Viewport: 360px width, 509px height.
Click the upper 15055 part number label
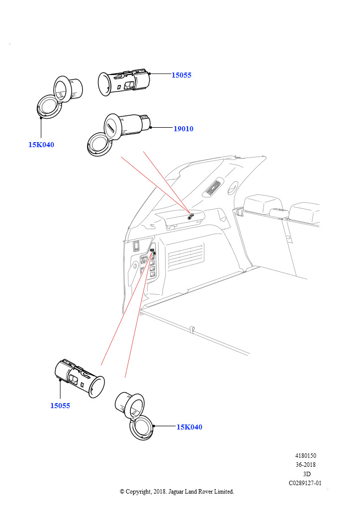181,75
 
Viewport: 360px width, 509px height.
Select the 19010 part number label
183,129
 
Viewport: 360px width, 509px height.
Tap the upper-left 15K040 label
41,145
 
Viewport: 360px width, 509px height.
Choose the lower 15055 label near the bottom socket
60,406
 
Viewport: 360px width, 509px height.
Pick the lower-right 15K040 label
189,427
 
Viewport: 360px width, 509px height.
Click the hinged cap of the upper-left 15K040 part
49,106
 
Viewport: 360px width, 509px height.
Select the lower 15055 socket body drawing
80,378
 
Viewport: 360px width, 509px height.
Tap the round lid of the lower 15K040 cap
141,427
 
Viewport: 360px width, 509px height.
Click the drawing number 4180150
305,455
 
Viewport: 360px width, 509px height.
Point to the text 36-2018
305,465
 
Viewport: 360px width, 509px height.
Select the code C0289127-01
305,483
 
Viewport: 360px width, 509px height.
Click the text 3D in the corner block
306,474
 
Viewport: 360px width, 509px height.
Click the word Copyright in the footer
138,492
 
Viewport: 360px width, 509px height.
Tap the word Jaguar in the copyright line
176,492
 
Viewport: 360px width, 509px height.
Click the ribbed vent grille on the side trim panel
185,255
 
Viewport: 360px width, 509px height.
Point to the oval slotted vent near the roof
212,188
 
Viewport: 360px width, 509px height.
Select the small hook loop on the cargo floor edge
192,329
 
